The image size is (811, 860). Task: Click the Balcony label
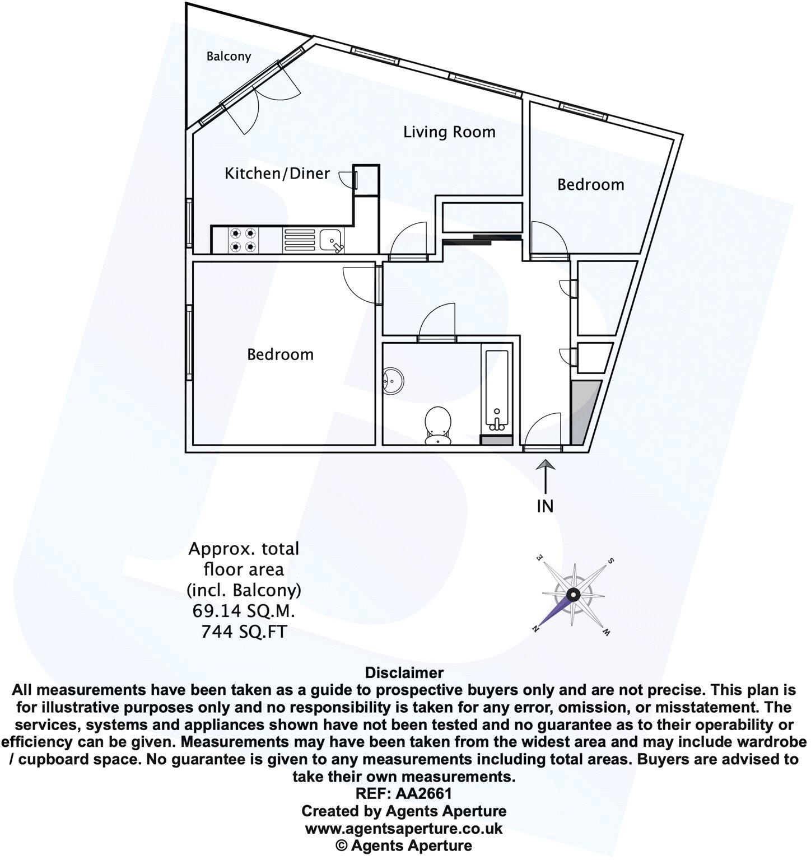(229, 57)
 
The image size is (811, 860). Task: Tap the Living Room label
(450, 132)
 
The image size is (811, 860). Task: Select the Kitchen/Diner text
(277, 174)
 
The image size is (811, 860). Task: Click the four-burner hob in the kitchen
(244, 239)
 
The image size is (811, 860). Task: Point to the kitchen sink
(332, 240)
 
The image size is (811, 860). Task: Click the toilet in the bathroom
(438, 424)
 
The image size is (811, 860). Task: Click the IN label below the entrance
(545, 507)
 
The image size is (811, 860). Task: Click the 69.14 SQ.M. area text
(244, 611)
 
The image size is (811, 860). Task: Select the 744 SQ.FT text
(244, 632)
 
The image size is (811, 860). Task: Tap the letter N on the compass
(537, 628)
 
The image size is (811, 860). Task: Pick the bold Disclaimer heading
(404, 672)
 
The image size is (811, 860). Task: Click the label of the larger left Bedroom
(281, 354)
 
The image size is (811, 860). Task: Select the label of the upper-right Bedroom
(591, 185)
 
